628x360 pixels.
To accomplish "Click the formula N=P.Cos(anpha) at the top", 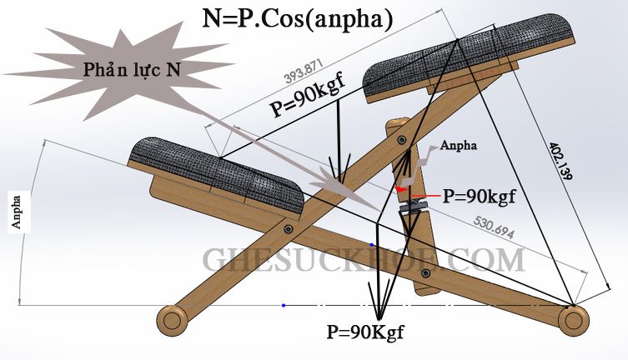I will click(298, 17).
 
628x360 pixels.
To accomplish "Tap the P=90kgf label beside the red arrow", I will click(479, 197).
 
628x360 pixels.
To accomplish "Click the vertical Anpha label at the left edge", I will click(17, 211).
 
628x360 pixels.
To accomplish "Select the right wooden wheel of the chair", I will click(571, 318).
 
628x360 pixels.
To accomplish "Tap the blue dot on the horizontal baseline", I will click(284, 305).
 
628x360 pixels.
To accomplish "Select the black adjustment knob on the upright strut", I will click(414, 203).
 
